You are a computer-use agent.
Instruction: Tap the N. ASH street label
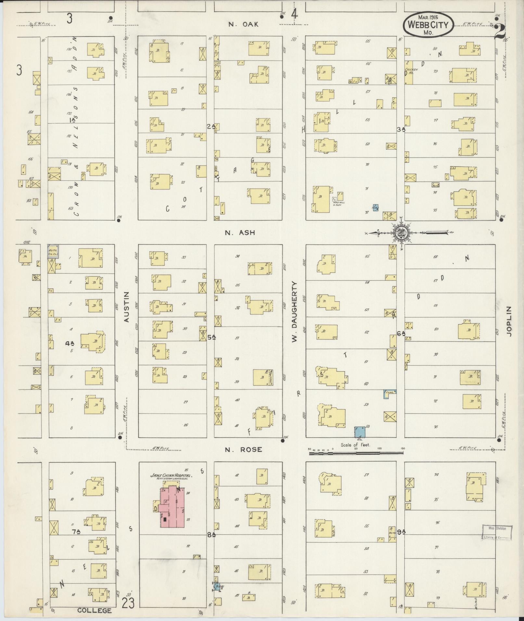[240, 232]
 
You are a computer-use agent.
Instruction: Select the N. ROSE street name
[243, 450]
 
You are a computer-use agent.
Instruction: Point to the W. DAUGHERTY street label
[295, 312]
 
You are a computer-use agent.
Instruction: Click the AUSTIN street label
[127, 307]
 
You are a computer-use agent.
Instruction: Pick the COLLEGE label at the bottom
[94, 610]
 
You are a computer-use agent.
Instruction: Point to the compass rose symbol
[402, 232]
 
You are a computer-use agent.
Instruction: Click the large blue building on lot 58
[360, 432]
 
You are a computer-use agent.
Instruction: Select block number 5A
[211, 337]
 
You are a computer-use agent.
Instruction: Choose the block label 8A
[211, 534]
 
